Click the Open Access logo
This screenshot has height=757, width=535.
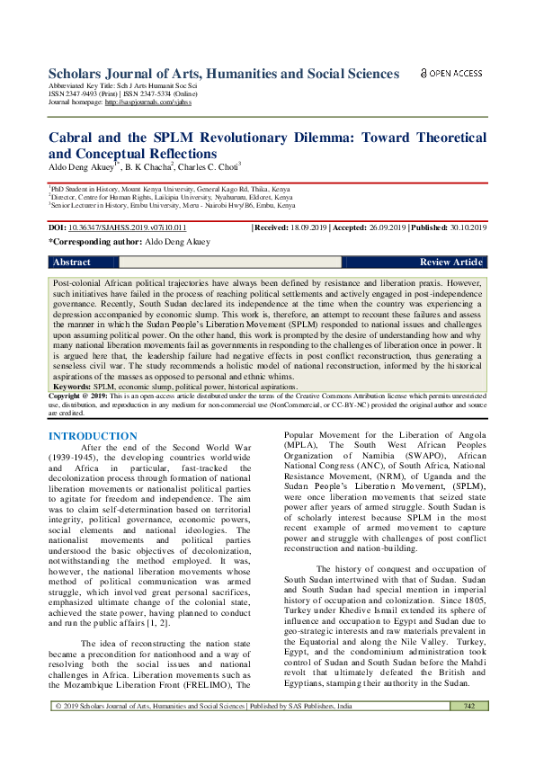(x=451, y=73)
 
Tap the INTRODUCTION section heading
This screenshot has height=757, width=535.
(x=93, y=436)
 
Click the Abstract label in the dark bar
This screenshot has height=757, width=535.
(x=72, y=263)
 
